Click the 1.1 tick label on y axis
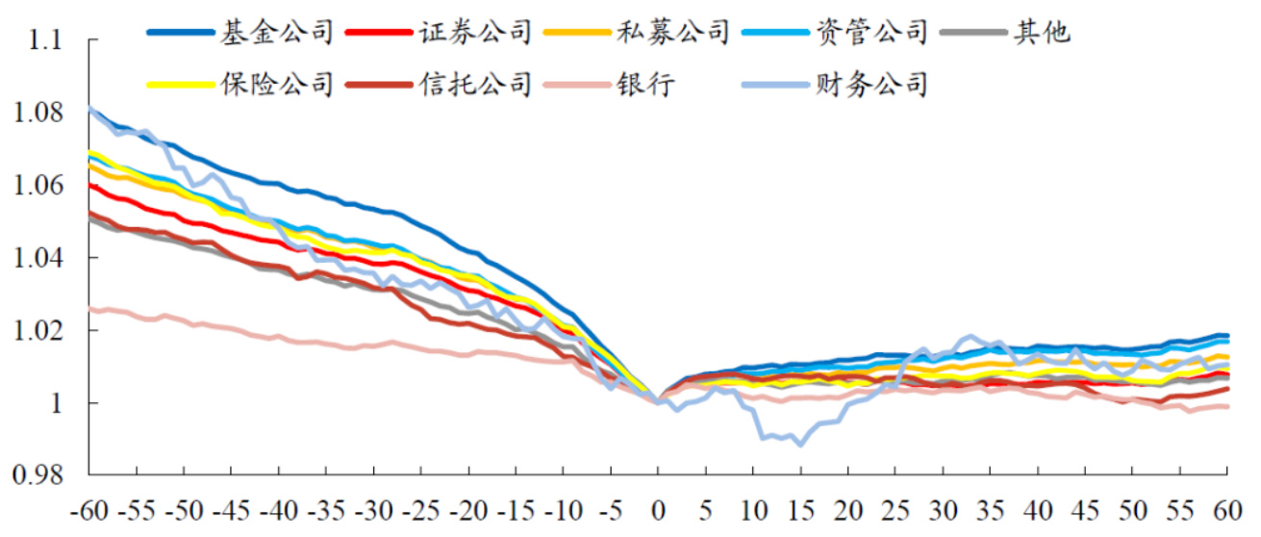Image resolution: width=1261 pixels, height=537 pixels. pos(42,41)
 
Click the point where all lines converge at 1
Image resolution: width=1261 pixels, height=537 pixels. pos(658,401)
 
